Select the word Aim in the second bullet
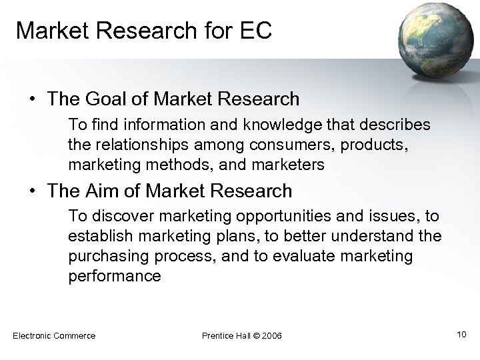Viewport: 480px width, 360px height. pyautogui.click(x=123, y=191)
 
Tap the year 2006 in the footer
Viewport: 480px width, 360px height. pyautogui.click(x=271, y=335)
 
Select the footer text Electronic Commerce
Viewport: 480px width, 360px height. pyautogui.click(x=54, y=335)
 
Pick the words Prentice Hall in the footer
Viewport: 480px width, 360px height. pyautogui.click(x=223, y=335)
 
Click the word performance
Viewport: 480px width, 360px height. pyautogui.click(x=114, y=276)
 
